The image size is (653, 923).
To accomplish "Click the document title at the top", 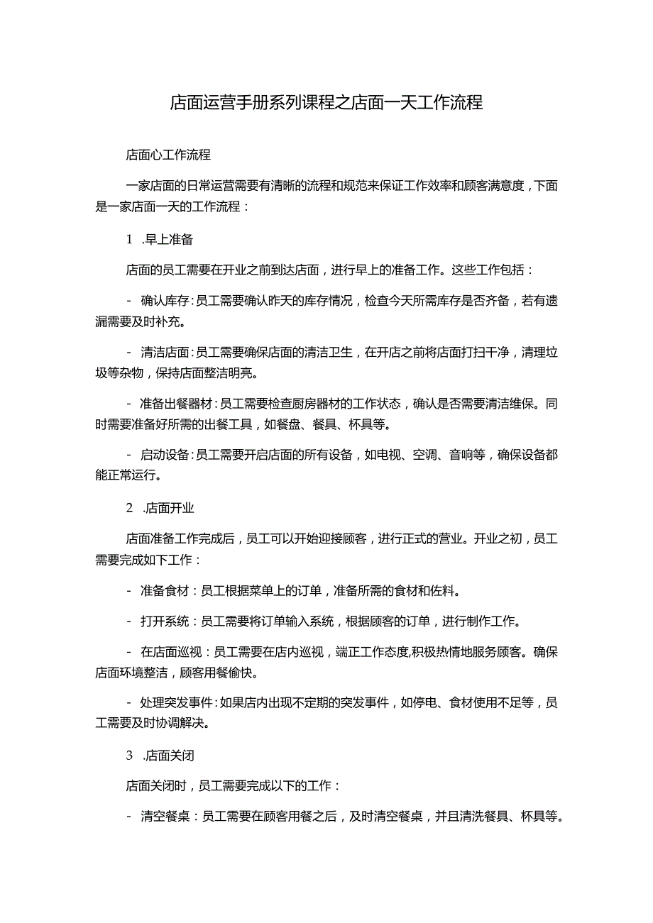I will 326,103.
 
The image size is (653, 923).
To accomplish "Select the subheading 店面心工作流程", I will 168,154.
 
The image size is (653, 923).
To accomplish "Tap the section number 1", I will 130,239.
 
